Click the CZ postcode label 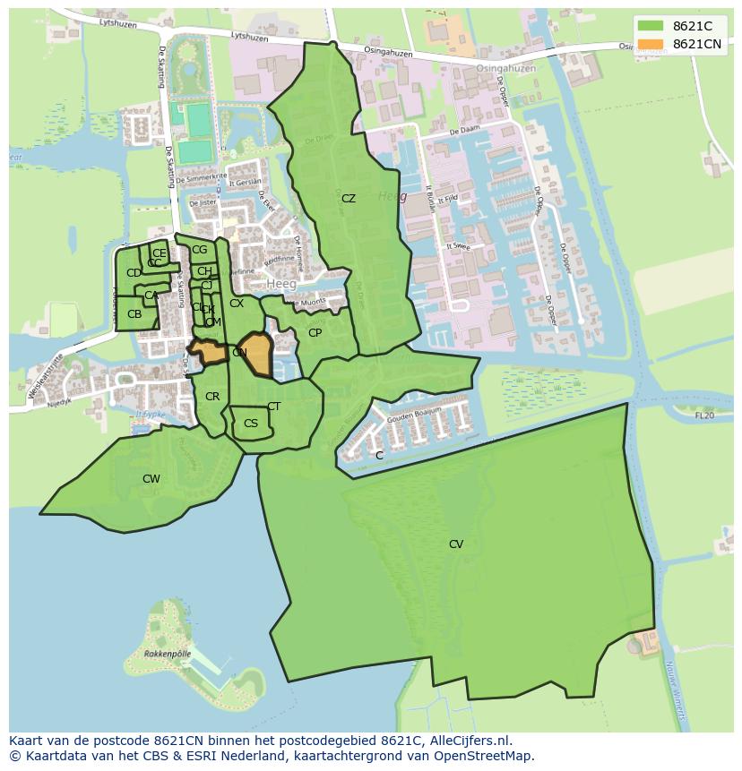[x=349, y=199]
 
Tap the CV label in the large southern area [x=456, y=544]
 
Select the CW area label [x=151, y=479]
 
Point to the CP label [x=315, y=333]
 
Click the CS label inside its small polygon [x=251, y=424]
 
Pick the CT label [x=273, y=407]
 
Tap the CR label [x=212, y=397]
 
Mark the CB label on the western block [x=134, y=314]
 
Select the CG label [x=199, y=250]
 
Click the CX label [x=237, y=304]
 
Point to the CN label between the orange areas [x=239, y=353]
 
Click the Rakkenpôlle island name [x=168, y=655]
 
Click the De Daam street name [x=464, y=131]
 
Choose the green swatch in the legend [x=651, y=26]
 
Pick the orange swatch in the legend [x=651, y=44]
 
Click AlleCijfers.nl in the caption [x=467, y=741]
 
